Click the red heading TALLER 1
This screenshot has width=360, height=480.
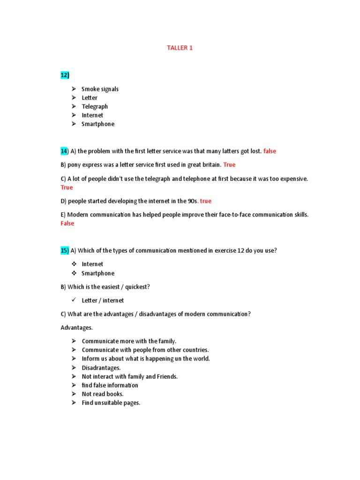[180, 48]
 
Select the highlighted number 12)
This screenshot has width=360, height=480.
[65, 75]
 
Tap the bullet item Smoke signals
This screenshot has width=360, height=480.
[100, 89]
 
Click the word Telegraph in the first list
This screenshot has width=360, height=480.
[95, 106]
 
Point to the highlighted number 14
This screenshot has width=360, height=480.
[64, 151]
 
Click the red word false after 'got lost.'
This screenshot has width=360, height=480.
[270, 151]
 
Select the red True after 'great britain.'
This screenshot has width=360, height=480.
[229, 165]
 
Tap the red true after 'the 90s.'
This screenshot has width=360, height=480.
[205, 201]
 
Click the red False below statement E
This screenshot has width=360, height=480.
[67, 224]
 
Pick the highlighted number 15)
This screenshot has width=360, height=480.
[65, 250]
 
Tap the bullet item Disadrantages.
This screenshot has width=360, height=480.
[101, 368]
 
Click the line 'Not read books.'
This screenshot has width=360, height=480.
[103, 394]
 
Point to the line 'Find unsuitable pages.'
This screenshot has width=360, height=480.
[111, 403]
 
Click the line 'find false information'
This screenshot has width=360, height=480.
[110, 385]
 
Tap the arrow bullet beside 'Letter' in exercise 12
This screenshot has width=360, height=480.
[74, 97]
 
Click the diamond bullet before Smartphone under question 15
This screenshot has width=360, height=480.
[74, 273]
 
